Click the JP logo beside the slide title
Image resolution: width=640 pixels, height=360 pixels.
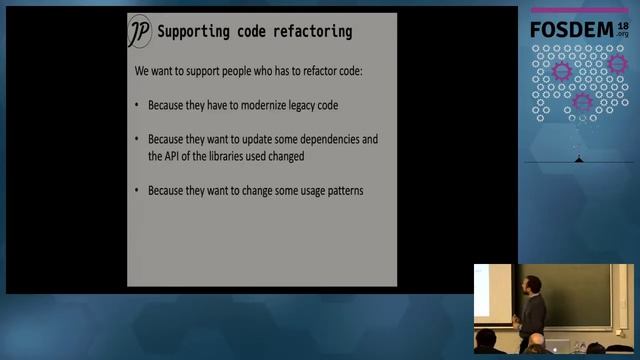(x=140, y=32)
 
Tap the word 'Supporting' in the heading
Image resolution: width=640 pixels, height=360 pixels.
(x=194, y=31)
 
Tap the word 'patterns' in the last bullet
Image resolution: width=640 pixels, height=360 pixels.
(x=342, y=189)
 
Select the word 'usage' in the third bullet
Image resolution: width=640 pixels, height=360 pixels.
(x=301, y=189)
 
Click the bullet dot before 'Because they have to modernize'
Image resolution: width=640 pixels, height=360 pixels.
(x=136, y=105)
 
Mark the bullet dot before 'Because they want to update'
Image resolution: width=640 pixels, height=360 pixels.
(x=136, y=139)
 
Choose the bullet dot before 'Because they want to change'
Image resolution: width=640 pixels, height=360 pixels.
(x=136, y=189)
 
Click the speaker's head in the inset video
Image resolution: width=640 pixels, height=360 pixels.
(x=532, y=287)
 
